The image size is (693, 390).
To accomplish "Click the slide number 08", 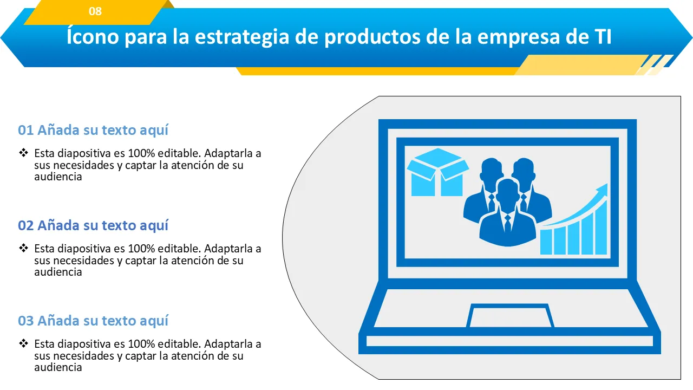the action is click(95, 11).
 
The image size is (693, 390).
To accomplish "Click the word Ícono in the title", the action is click(93, 36).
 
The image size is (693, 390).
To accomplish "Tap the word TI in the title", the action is click(603, 36).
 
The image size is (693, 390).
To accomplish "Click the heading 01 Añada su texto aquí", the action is click(93, 130).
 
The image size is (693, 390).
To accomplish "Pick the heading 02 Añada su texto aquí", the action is click(93, 225).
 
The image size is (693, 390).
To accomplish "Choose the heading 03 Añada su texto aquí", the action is click(93, 321).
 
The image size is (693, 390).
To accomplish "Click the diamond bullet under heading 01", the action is click(23, 153).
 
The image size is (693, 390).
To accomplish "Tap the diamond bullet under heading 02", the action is click(23, 248).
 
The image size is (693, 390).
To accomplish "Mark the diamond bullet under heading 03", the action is click(23, 343).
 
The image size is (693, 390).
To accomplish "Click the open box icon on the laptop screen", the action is click(437, 172).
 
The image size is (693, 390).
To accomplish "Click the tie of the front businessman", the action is click(508, 224).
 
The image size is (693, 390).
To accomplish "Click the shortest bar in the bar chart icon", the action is click(546, 242).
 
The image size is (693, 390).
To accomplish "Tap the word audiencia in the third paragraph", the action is click(58, 367).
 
